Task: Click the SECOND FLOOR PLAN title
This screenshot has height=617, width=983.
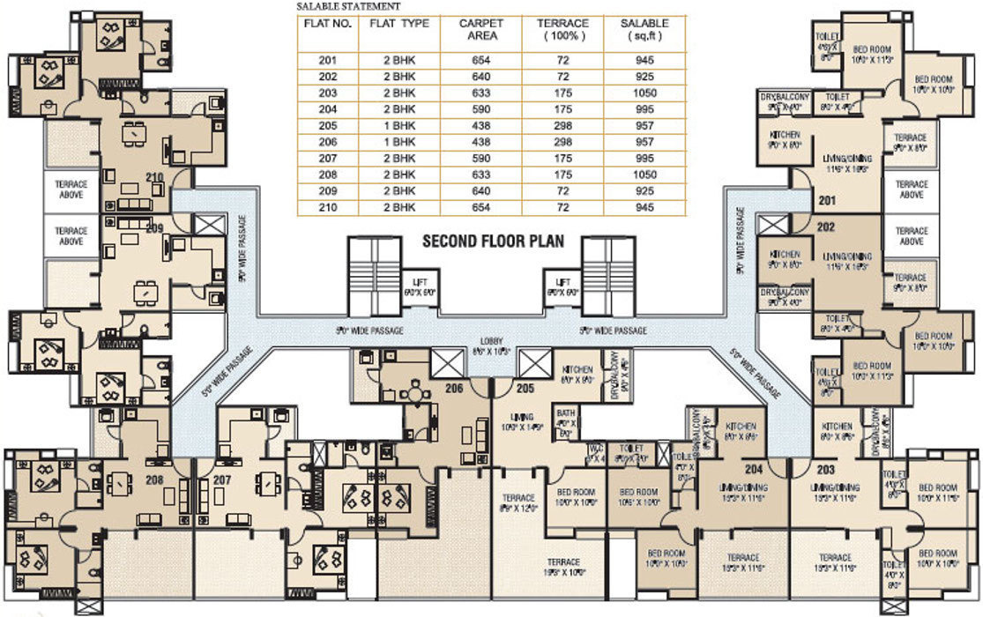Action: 493,240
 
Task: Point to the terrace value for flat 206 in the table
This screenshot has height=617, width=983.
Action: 562,141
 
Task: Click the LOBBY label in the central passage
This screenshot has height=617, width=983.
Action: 492,340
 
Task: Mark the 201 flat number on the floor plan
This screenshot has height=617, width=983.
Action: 826,201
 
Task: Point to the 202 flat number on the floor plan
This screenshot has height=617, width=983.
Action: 826,226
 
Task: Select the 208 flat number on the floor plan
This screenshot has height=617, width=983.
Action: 154,480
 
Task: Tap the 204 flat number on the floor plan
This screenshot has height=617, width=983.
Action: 754,470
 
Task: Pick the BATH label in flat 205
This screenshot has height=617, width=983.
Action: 565,413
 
